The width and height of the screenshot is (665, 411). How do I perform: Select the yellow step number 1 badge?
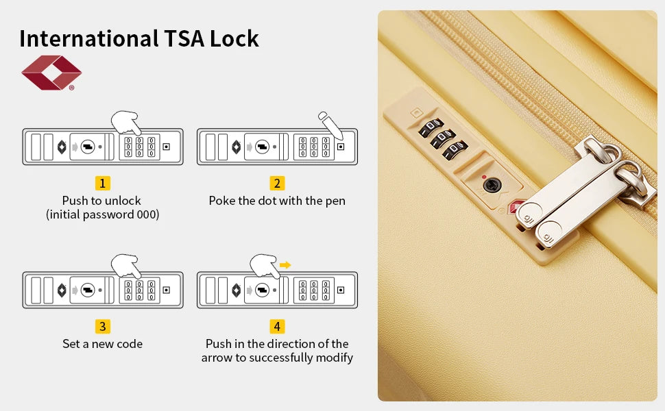click(102, 183)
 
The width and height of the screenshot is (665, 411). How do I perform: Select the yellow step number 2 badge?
click(277, 183)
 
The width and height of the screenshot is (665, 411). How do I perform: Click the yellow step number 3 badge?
click(102, 326)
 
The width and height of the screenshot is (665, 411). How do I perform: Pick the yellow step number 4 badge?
click(277, 326)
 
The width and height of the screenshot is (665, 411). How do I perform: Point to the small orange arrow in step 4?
click(285, 264)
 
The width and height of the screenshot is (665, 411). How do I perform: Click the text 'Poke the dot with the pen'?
click(277, 201)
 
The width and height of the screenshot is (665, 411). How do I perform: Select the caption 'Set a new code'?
click(102, 344)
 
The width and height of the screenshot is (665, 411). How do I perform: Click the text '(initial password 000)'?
click(102, 214)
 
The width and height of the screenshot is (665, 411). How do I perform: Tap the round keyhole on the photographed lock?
click(491, 184)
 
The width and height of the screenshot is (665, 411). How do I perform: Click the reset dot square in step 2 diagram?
click(340, 146)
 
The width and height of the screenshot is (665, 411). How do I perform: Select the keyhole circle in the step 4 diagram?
click(262, 290)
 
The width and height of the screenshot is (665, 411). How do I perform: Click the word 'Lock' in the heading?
click(234, 38)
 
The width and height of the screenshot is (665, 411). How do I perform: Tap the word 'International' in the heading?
click(88, 38)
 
